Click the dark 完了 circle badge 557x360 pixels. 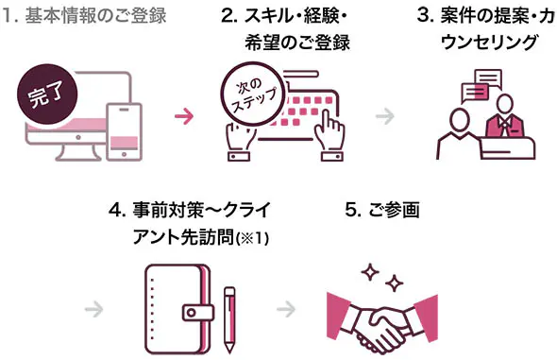(x=47, y=94)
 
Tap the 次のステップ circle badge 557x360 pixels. (x=253, y=94)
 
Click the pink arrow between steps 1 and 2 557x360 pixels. (x=184, y=116)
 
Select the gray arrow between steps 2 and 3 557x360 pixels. (x=385, y=116)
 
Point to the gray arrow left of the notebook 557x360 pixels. (x=94, y=309)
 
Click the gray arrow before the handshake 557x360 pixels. (x=286, y=309)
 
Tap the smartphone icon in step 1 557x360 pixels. (x=124, y=132)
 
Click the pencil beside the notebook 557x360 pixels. (x=229, y=319)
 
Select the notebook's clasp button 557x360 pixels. (x=198, y=313)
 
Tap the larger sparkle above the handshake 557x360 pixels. (x=370, y=273)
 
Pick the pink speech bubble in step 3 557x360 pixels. (x=474, y=93)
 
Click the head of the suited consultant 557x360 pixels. (x=505, y=104)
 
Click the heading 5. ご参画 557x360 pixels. (x=382, y=210)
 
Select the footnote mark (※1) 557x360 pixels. (x=252, y=238)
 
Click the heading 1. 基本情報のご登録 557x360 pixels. (x=84, y=16)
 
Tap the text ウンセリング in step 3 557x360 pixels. (x=489, y=43)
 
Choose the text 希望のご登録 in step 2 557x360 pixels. (x=297, y=43)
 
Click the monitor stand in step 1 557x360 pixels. (x=78, y=153)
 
